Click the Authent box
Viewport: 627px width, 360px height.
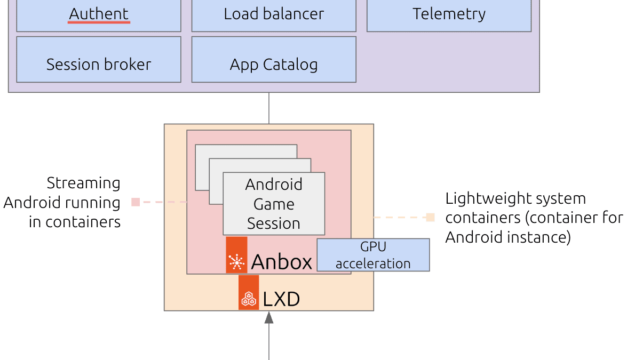(99, 15)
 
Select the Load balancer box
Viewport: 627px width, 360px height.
(274, 15)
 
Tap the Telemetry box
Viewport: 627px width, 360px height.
(449, 15)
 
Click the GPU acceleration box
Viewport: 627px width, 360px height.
(373, 255)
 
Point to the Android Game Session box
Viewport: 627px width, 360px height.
(274, 203)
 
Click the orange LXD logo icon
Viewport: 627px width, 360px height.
(249, 292)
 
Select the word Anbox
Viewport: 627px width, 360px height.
(281, 262)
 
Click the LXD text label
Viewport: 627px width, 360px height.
(281, 299)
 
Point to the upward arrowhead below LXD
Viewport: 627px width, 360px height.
(269, 317)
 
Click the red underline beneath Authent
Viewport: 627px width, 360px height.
(99, 23)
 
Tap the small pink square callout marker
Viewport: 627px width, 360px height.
(136, 202)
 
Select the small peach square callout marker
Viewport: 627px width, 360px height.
(430, 218)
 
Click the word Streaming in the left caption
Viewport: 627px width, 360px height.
(83, 183)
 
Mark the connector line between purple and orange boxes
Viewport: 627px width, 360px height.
(269, 108)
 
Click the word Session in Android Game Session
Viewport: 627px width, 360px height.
(274, 223)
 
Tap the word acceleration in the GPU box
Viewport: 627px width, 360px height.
(373, 263)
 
